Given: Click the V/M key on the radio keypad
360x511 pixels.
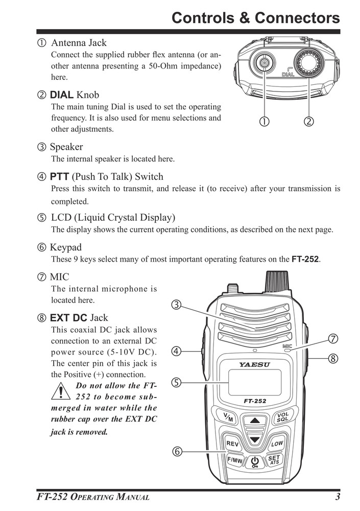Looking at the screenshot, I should (225, 416).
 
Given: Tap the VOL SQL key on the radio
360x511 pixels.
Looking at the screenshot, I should (282, 416).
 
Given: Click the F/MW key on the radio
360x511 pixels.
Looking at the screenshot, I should (234, 460).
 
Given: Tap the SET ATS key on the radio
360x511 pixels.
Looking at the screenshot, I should (274, 460).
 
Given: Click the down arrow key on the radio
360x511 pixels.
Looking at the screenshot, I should (254, 439).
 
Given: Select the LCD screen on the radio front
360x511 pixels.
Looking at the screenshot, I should (254, 382).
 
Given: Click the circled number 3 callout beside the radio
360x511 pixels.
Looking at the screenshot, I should (175, 306).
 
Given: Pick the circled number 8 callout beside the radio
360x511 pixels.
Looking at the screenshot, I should (332, 358).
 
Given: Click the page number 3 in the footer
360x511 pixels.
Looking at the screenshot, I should (338, 497).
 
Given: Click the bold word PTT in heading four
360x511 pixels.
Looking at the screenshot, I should (59, 177).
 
